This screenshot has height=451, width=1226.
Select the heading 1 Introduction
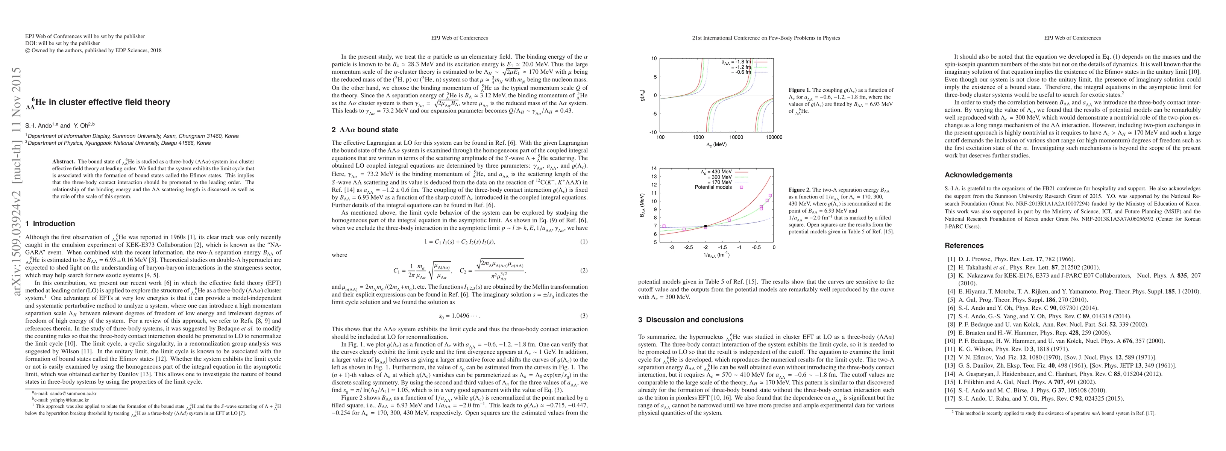pos(50,224)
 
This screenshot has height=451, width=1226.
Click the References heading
pos(964,246)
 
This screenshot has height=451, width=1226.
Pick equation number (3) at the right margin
pos(584,316)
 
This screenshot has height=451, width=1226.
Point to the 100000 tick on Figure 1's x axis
pos(773,138)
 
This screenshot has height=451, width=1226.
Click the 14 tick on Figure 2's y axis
pos(654,168)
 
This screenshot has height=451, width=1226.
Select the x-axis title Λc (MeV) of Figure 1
pos(717,145)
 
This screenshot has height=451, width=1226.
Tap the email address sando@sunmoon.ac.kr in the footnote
pos(62,393)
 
